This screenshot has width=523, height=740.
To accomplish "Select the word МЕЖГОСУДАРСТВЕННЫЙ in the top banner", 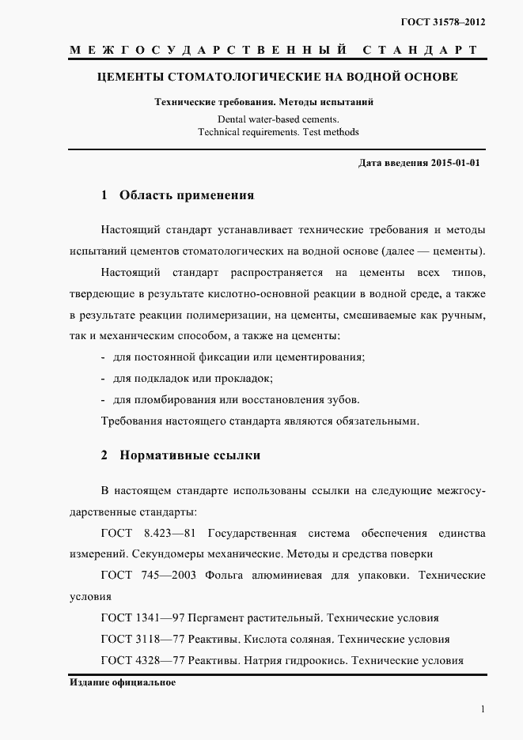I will pyautogui.click(x=210, y=50).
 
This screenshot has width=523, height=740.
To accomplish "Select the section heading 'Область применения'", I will pyautogui.click(x=187, y=195).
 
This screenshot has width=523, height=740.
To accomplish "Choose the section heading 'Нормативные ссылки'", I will pyautogui.click(x=190, y=456).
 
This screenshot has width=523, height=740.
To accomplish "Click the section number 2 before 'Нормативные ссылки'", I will pyautogui.click(x=104, y=456).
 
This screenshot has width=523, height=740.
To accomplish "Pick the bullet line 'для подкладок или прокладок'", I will pyautogui.click(x=193, y=378).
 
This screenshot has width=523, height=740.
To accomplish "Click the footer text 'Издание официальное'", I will pyautogui.click(x=122, y=682).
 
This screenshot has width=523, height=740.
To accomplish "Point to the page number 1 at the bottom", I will pyautogui.click(x=483, y=709).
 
